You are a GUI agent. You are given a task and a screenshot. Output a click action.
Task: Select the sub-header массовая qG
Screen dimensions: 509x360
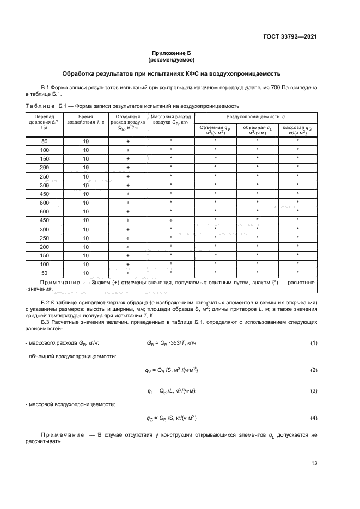(x=298, y=130)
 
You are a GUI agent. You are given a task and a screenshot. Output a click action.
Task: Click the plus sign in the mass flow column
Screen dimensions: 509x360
(x=170, y=219)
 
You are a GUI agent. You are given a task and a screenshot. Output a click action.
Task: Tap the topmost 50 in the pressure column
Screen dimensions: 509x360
(x=44, y=140)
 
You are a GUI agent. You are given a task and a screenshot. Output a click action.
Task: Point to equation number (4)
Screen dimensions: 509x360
(x=314, y=418)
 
